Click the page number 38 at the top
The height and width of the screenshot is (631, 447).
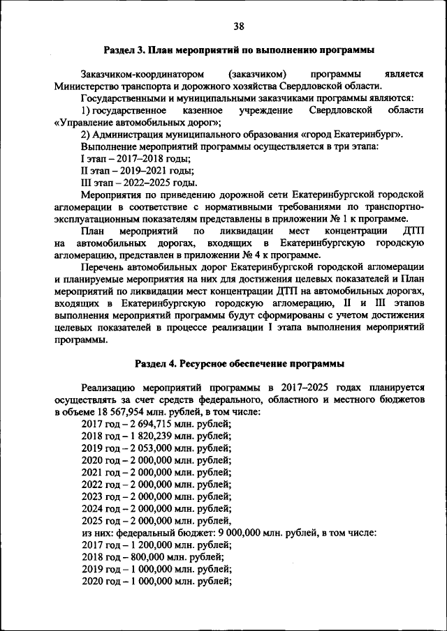[x=239, y=26]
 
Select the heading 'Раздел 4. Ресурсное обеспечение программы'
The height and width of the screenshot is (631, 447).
[x=239, y=364]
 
